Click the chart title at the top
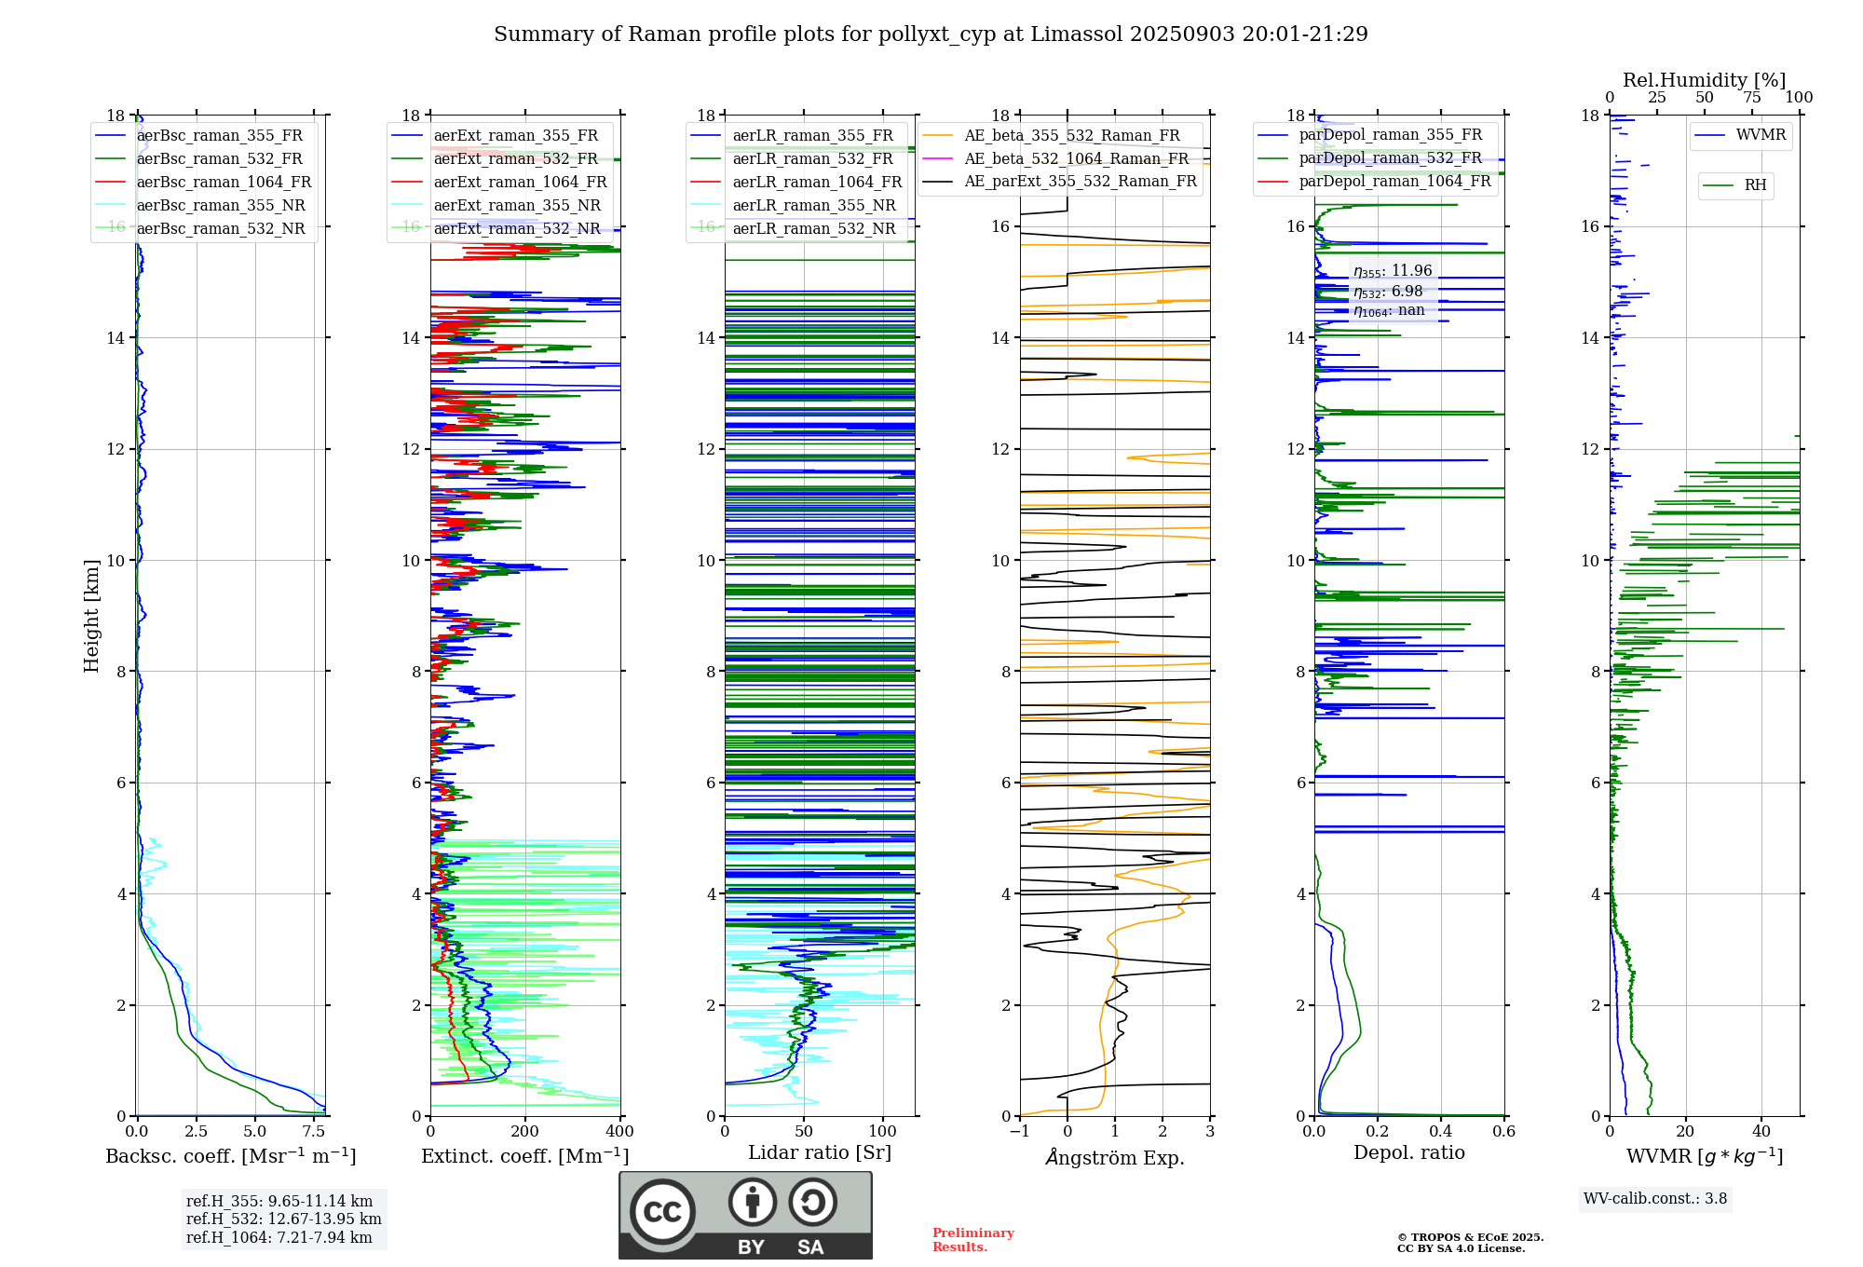(931, 34)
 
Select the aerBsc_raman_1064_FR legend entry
(224, 182)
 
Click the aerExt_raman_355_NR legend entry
(517, 205)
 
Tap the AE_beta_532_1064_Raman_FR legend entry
(1076, 158)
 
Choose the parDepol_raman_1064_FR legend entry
(1394, 181)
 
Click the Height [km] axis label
(91, 615)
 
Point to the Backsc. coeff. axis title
(230, 1156)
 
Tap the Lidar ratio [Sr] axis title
(820, 1152)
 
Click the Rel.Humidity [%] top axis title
(1704, 80)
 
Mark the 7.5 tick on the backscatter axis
(314, 1132)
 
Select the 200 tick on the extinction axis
(524, 1132)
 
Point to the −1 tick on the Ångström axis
(1019, 1132)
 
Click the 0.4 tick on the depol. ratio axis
(1440, 1132)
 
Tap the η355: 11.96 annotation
(1393, 271)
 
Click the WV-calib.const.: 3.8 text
(1655, 1199)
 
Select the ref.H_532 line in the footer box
(283, 1219)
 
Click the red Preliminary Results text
(972, 1240)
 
